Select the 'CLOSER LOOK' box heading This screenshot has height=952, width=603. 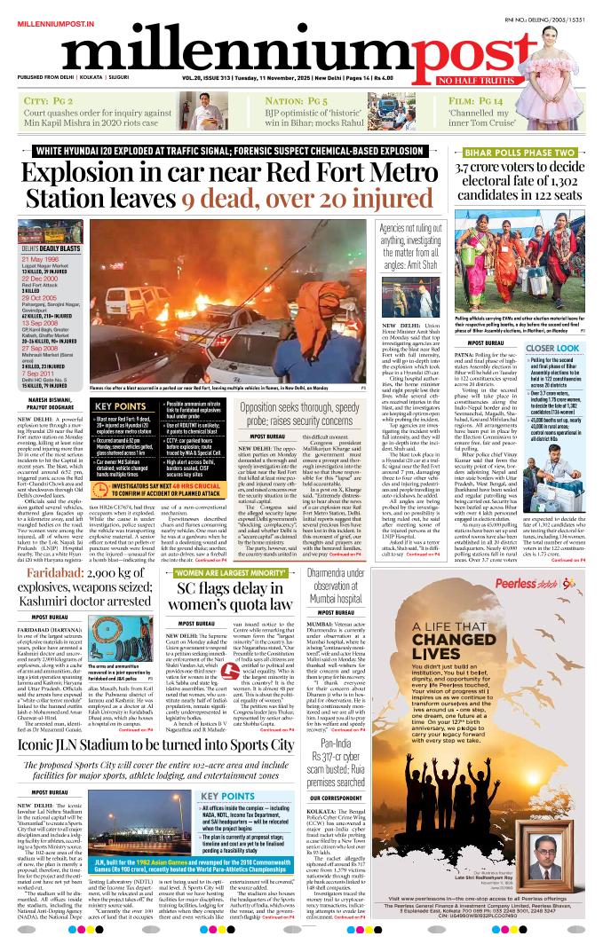coord(552,349)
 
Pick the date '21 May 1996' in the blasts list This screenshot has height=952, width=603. coord(41,260)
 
